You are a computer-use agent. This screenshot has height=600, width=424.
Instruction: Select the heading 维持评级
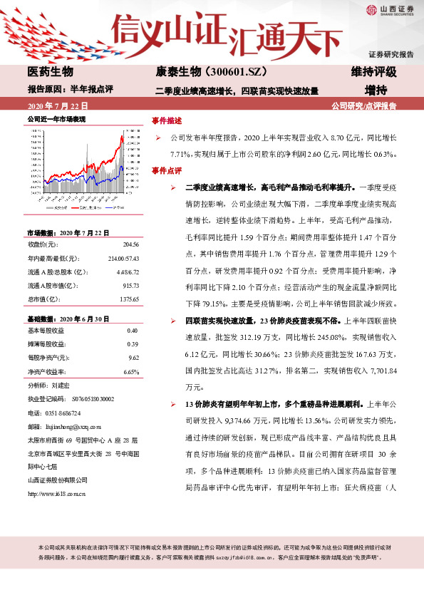[x=374, y=72]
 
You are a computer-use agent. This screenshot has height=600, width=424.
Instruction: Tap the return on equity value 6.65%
[x=131, y=372]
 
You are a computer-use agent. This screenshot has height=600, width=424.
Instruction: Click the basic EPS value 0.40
[x=133, y=331]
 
